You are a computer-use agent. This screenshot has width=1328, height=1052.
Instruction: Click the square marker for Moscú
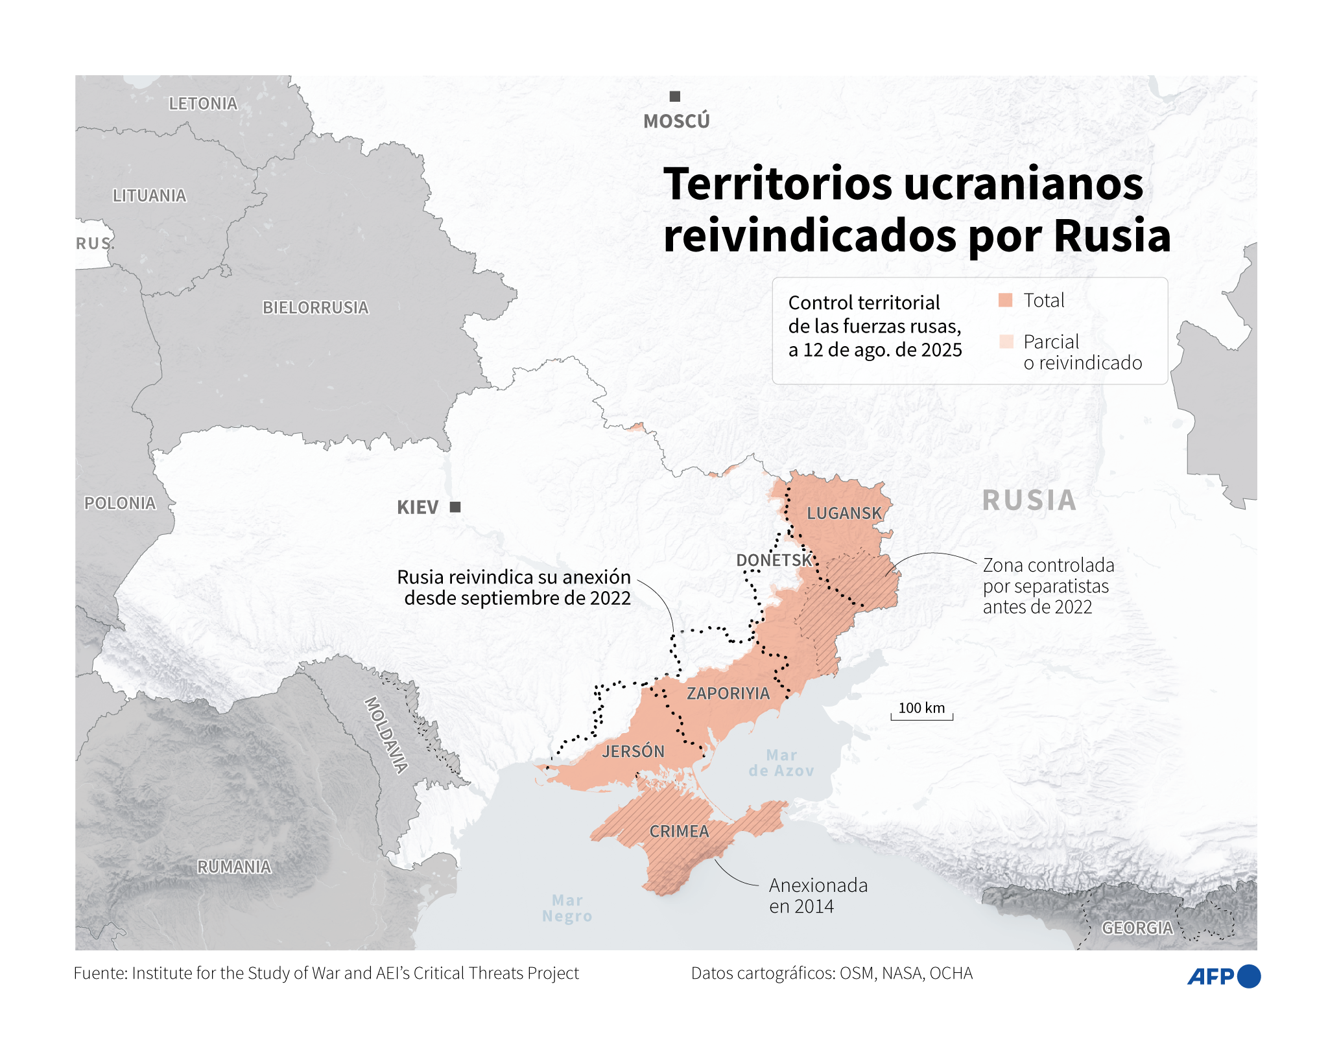[x=674, y=97]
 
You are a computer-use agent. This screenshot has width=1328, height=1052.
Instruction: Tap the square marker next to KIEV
[x=455, y=507]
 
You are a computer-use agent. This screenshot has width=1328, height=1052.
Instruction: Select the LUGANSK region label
[x=844, y=513]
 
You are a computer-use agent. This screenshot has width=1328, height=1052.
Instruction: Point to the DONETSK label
[x=774, y=560]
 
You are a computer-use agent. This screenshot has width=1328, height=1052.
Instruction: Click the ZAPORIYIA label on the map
[x=728, y=694]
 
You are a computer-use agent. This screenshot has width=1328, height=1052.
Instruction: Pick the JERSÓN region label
[x=633, y=751]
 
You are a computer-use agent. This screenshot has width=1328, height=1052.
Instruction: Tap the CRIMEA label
[x=679, y=831]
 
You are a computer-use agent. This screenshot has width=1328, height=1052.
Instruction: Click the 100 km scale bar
[x=921, y=716]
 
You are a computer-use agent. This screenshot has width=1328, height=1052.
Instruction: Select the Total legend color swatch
[x=1005, y=300]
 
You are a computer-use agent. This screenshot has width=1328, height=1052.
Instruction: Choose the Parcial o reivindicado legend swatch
[x=1005, y=342]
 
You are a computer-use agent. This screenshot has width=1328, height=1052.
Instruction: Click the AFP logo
[x=1223, y=976]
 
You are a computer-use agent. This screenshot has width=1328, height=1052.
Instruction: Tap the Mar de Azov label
[x=781, y=763]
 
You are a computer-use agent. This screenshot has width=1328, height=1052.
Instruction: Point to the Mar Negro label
[x=567, y=908]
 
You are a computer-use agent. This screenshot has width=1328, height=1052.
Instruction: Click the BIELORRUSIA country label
[x=315, y=307]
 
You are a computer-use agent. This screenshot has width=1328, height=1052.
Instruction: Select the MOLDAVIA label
[x=386, y=735]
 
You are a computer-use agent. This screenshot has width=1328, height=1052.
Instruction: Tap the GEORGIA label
[x=1137, y=928]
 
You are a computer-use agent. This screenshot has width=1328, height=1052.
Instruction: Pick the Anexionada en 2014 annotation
[x=817, y=895]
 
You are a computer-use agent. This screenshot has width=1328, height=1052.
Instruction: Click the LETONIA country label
[x=203, y=104]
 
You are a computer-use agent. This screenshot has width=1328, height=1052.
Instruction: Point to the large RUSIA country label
[x=1029, y=500]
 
